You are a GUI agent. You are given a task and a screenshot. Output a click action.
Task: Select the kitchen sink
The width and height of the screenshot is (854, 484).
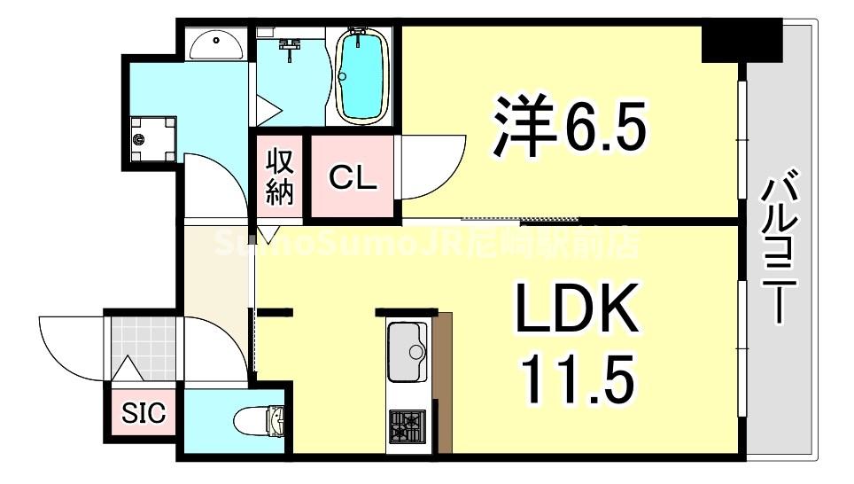point(407,351)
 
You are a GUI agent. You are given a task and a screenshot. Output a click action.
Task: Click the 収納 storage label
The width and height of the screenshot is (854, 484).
point(279,176)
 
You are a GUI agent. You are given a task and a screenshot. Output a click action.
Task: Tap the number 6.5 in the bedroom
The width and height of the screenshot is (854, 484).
point(603,128)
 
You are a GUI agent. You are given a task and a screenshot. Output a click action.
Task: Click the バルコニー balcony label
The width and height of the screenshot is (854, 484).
point(779,247)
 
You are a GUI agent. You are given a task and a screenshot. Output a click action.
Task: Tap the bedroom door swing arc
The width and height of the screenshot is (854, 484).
point(434,168)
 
